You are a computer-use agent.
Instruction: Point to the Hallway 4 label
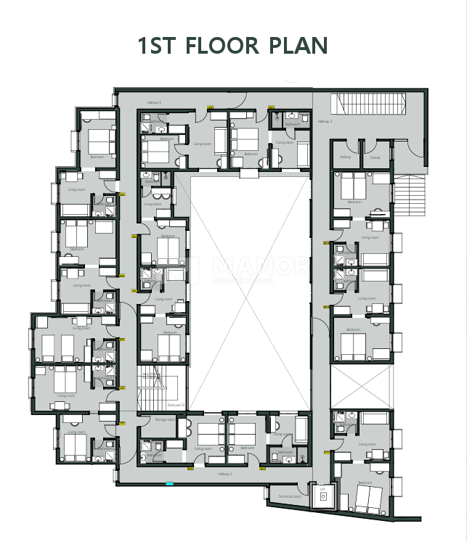coord(153,102)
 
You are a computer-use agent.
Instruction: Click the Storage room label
coord(165,419)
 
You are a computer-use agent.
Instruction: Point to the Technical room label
coord(289,496)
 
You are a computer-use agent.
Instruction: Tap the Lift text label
coord(322,490)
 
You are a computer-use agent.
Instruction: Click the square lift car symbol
coord(322,500)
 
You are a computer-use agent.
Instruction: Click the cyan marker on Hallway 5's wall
coord(169,484)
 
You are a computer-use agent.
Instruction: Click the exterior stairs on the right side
coord(408,196)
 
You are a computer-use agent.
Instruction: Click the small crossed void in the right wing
coord(361,385)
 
